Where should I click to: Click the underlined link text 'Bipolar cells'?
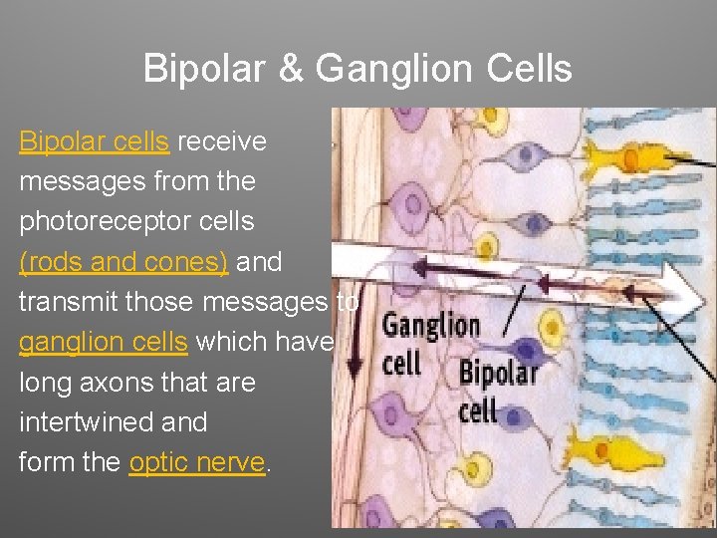[94, 141]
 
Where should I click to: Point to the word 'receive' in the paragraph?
[222, 141]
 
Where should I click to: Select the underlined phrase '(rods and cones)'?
[123, 262]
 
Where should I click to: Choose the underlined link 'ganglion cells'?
[103, 343]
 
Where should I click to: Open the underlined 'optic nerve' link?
[197, 462]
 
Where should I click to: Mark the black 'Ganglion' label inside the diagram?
[430, 325]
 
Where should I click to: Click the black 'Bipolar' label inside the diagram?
[498, 374]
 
